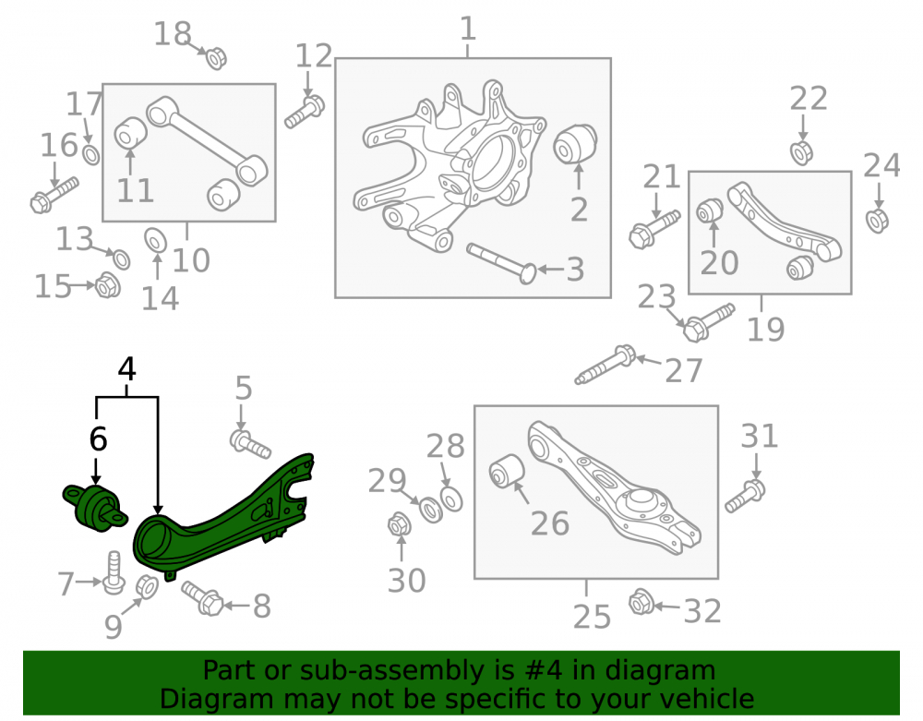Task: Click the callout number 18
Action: click(x=173, y=34)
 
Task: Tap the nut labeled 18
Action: click(x=217, y=57)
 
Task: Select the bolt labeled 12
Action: click(x=305, y=111)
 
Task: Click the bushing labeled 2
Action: click(x=575, y=143)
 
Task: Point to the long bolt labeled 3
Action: click(x=501, y=263)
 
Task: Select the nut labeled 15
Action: click(x=108, y=285)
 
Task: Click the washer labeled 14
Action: click(x=155, y=240)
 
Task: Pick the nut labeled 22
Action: click(x=801, y=152)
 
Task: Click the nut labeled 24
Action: click(x=877, y=220)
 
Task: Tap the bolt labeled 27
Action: click(x=605, y=365)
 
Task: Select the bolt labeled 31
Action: click(x=745, y=496)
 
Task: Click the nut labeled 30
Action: click(x=399, y=523)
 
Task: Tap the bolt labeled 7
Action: click(x=113, y=572)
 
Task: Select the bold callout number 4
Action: click(x=127, y=369)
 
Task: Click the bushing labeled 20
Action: click(x=710, y=210)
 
